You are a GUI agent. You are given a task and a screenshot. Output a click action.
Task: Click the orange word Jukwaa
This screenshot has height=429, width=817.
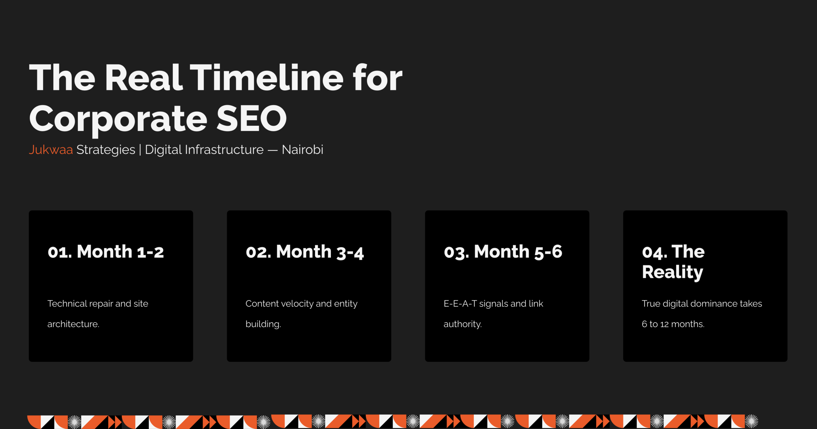[x=51, y=149]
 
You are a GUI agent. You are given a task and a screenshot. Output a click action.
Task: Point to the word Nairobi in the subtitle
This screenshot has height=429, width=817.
[x=303, y=149]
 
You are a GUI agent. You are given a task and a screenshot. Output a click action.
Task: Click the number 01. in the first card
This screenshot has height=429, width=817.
[x=60, y=252]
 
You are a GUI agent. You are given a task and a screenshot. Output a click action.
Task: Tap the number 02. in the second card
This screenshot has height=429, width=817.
[x=259, y=252]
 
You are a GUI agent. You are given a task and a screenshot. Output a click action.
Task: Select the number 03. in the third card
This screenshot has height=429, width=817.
[x=457, y=252]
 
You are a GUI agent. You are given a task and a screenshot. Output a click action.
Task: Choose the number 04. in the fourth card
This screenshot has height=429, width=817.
[x=655, y=252]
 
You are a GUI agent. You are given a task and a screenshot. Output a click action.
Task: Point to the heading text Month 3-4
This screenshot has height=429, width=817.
[x=320, y=252]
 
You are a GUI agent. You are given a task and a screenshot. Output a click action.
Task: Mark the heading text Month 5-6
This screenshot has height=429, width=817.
[x=518, y=252]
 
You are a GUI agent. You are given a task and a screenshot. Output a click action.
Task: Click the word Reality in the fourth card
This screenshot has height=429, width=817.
[x=672, y=272]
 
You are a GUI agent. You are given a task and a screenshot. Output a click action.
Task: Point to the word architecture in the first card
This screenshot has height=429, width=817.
[x=73, y=324]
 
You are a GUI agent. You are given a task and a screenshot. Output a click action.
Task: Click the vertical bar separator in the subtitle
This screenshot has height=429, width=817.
[x=140, y=150]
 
